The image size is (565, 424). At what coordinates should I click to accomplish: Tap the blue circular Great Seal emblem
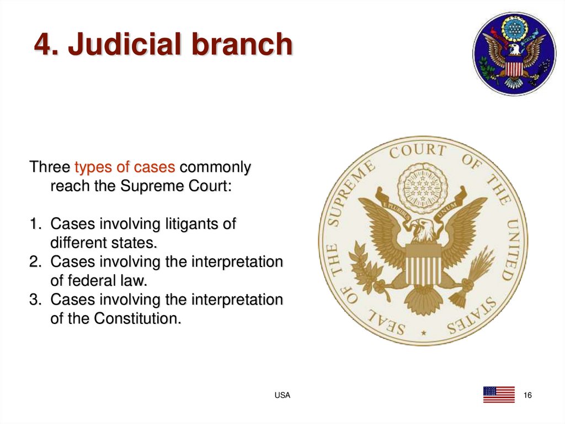(514, 54)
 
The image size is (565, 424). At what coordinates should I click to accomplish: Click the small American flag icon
(499, 395)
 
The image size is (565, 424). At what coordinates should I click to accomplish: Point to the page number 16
(527, 395)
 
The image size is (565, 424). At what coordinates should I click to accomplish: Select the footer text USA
(282, 395)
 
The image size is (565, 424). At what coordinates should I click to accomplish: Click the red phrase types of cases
(125, 167)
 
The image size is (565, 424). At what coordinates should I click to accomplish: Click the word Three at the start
(50, 167)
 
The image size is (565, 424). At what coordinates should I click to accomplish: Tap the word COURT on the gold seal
(417, 151)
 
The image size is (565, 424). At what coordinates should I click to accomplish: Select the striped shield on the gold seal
(423, 265)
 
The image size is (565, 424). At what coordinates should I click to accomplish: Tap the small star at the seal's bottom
(423, 333)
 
